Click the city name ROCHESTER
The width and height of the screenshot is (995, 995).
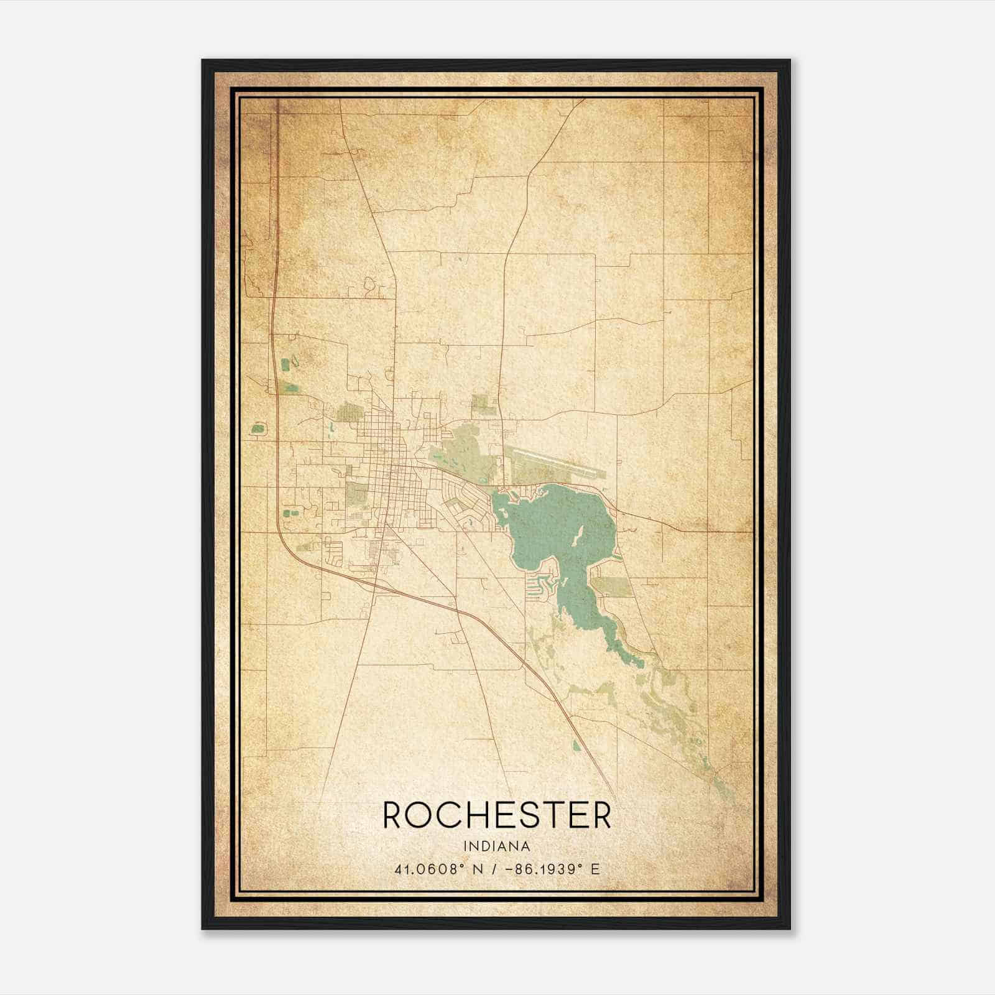(497, 815)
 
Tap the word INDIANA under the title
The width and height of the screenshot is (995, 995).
(497, 846)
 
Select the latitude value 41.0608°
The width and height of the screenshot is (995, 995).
(429, 869)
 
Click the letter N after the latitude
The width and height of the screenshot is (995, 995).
(479, 869)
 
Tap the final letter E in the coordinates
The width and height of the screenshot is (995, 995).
(595, 869)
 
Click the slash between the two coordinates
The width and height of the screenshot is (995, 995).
(494, 869)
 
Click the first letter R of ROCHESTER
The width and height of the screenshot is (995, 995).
(392, 815)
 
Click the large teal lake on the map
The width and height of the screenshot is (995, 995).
(553, 522)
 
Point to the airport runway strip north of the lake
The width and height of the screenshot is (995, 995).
(553, 467)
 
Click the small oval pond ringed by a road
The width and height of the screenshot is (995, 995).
(257, 428)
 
